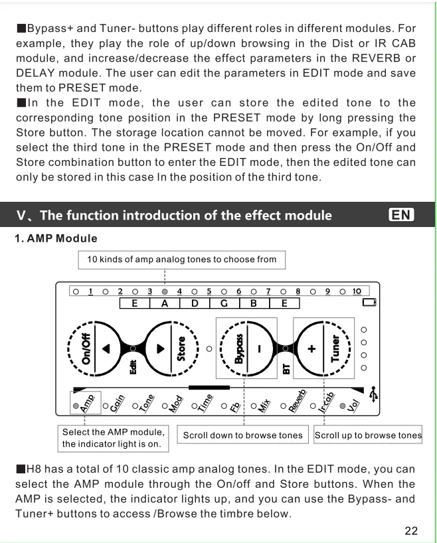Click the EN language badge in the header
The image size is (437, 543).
pyautogui.click(x=401, y=215)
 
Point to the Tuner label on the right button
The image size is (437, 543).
pyautogui.click(x=335, y=348)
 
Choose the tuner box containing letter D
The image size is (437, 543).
pyautogui.click(x=195, y=303)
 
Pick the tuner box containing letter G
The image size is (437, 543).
pyautogui.click(x=224, y=303)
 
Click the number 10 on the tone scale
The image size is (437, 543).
pyautogui.click(x=357, y=291)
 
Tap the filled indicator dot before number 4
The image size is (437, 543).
pyautogui.click(x=165, y=291)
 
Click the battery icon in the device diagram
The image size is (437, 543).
pyautogui.click(x=369, y=303)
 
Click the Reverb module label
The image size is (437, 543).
pyautogui.click(x=298, y=402)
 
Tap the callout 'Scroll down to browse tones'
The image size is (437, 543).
pyautogui.click(x=242, y=435)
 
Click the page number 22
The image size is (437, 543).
pyautogui.click(x=411, y=530)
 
